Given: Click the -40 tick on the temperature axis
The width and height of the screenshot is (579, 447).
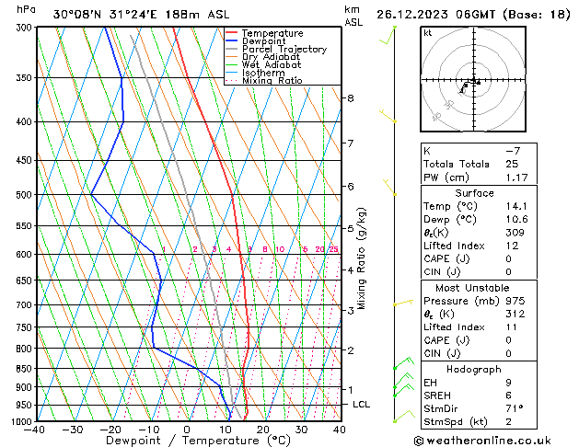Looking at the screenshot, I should pos(36,430).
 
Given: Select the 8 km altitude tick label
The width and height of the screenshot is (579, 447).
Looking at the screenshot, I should pos(350,97).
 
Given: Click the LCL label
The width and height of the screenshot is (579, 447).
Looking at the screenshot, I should pos(362,404).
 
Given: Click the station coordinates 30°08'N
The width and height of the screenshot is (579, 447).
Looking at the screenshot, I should pos(76,14).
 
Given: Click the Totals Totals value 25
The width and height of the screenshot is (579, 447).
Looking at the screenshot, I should pos(511,163).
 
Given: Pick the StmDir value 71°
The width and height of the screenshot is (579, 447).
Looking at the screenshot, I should pos(514,408).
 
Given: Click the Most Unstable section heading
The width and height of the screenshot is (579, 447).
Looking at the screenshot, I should pos(470,288).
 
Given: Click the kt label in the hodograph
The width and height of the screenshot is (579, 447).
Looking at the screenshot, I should pos(427,32).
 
